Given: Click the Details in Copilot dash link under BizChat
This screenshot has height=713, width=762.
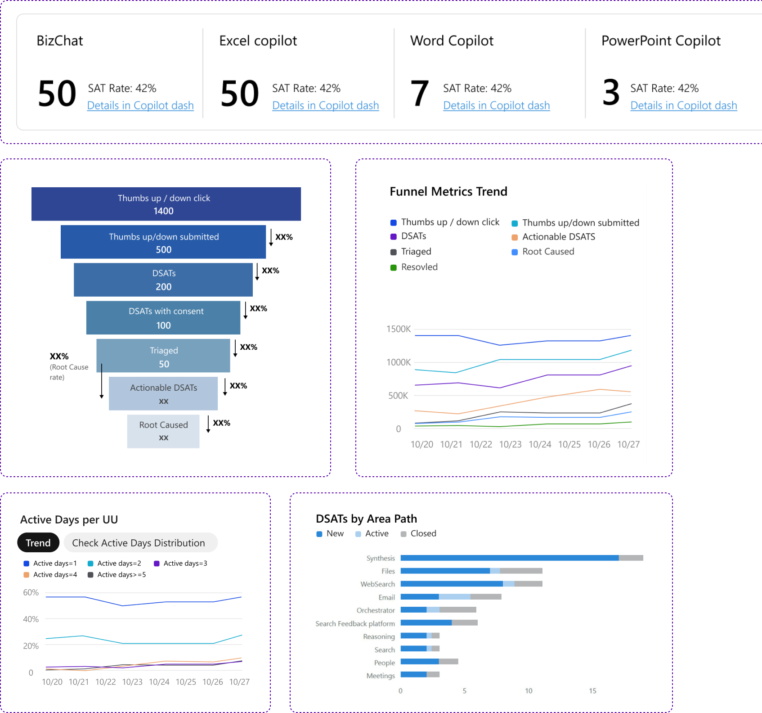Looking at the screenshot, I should click(140, 105).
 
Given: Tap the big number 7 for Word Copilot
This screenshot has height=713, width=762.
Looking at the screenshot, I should click(420, 93).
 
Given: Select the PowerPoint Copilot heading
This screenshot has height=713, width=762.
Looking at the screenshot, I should click(661, 41).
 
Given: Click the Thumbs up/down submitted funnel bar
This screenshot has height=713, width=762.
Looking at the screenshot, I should click(163, 242).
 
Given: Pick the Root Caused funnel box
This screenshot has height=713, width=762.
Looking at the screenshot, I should click(163, 431).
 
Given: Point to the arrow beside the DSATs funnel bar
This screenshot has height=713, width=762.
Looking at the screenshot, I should click(257, 272).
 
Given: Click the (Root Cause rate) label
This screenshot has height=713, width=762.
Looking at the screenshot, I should click(68, 372).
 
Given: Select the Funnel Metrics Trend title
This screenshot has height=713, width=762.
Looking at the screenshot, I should click(448, 192).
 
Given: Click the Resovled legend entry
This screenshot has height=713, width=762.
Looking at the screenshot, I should click(419, 267).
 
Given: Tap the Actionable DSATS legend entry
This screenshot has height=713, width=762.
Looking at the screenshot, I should click(558, 237).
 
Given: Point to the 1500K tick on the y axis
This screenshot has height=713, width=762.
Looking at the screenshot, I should click(399, 329).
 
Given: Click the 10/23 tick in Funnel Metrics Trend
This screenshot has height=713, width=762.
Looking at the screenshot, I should click(510, 444).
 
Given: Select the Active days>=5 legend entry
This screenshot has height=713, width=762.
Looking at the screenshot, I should click(121, 575).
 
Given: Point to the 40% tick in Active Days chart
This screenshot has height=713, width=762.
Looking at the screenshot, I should click(31, 619).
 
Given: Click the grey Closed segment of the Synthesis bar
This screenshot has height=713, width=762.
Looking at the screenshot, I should click(631, 558).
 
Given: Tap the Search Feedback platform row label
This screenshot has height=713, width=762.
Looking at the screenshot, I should click(355, 623).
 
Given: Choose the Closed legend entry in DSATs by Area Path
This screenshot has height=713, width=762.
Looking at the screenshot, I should click(423, 533).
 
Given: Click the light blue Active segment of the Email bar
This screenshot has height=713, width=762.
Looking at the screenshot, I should click(454, 597).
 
